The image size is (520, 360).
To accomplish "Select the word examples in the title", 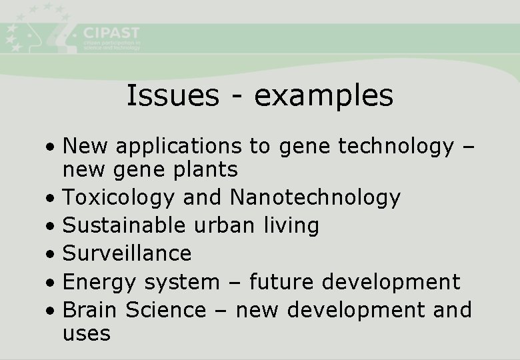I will tap(324, 97).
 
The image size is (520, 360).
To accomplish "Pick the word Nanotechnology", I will tap(315, 197).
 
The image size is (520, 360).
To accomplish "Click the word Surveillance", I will tap(127, 253).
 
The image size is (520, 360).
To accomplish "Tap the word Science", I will tap(166, 310).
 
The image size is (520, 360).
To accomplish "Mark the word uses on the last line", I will tap(86, 333).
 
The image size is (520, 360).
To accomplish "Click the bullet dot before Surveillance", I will tap(51, 255).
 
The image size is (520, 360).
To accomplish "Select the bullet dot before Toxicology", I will tap(51, 199).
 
